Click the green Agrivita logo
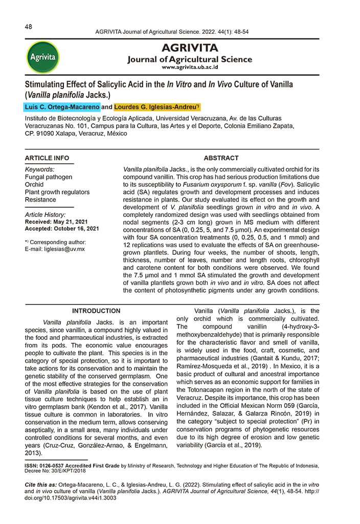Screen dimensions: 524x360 [x=42, y=57]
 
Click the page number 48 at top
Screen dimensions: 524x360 [x=29, y=27]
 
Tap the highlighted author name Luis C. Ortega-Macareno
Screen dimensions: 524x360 [x=62, y=107]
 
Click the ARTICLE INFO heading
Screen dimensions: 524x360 [x=47, y=158]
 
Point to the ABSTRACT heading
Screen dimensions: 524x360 [x=221, y=158]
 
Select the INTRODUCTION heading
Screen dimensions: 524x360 [x=96, y=311]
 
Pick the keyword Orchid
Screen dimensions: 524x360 [x=35, y=185]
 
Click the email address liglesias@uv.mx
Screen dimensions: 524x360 [x=63, y=249]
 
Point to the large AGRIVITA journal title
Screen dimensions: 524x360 [x=190, y=48]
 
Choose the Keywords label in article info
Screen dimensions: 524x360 [x=40, y=169]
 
